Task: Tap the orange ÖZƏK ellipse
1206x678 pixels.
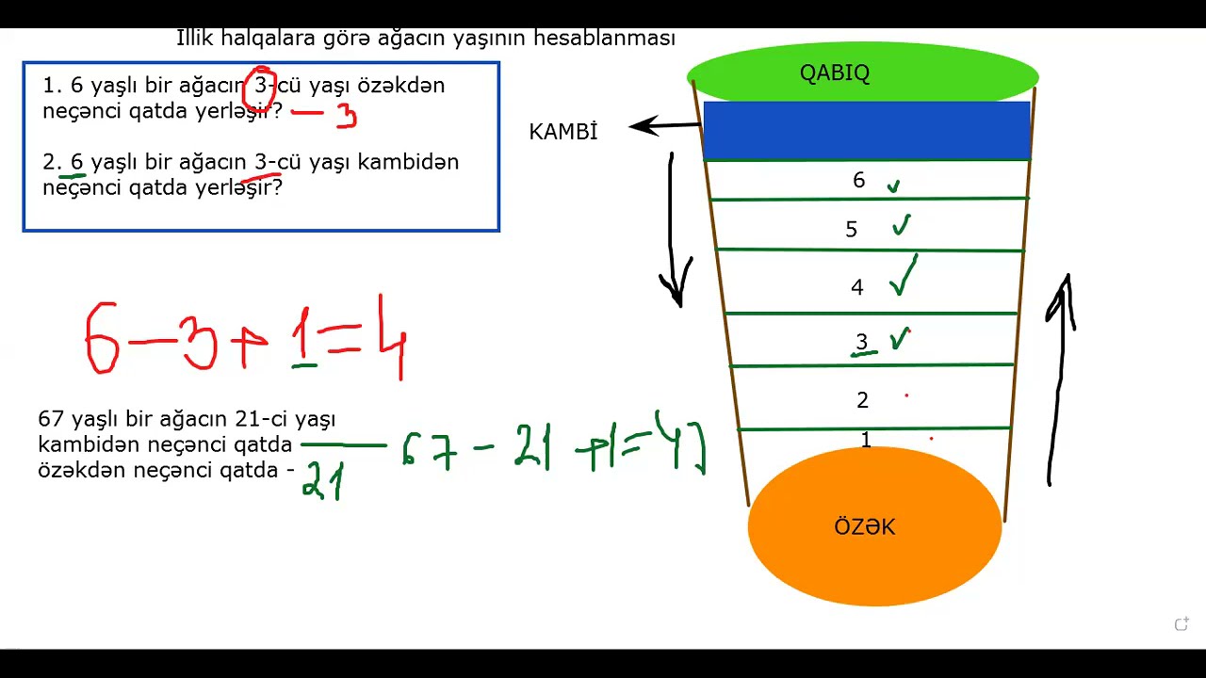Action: click(874, 527)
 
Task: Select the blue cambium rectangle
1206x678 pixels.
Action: click(867, 131)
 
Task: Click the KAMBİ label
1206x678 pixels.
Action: click(563, 132)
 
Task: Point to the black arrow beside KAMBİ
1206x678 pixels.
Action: click(665, 125)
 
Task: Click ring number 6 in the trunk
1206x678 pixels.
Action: click(858, 181)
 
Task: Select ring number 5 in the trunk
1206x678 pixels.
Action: click(852, 230)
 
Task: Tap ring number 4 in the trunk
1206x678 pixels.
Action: click(856, 287)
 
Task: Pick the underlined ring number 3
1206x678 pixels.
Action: click(861, 343)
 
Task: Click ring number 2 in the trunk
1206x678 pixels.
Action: click(862, 400)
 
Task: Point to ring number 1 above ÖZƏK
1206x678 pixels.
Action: click(866, 439)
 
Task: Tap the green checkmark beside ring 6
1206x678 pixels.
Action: click(893, 186)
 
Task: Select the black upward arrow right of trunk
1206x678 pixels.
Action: click(1060, 377)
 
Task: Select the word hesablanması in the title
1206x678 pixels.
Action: click(604, 39)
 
